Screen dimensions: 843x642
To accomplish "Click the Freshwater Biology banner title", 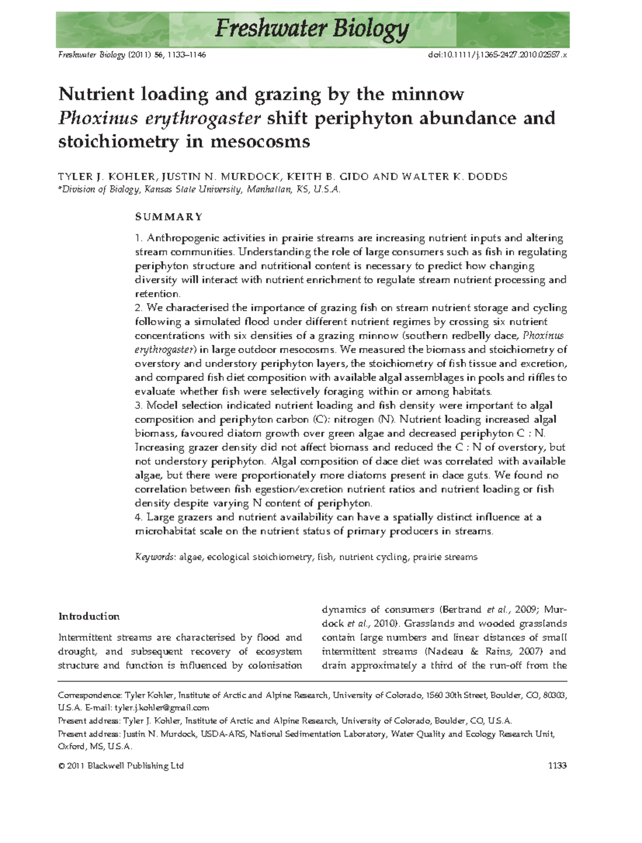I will point(312,29).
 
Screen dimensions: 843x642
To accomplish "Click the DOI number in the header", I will point(498,55).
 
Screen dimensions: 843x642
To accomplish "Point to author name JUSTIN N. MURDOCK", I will point(221,176).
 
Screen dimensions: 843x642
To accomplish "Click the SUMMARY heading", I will point(169,216).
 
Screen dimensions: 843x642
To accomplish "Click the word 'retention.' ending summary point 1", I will point(158,293).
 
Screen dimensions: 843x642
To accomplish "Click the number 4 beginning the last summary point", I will point(138,517).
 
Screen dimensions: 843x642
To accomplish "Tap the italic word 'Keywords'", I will point(154,557).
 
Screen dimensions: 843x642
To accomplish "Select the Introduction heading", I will point(89,616).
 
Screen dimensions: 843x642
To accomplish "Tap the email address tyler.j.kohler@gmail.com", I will point(162,707).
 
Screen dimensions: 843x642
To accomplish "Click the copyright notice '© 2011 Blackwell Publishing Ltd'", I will point(121,765).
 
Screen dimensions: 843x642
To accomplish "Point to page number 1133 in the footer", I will point(557,765).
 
